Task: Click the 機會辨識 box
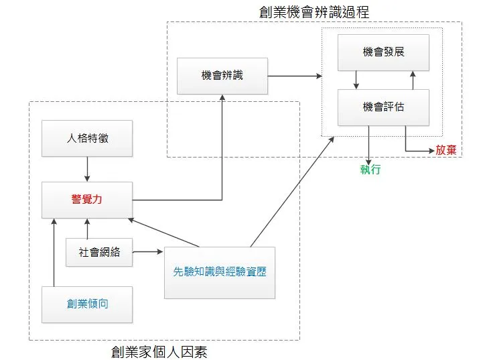pyautogui.click(x=222, y=76)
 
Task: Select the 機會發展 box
pyautogui.click(x=383, y=52)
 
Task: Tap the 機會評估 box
pyautogui.click(x=383, y=107)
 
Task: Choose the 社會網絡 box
pyautogui.click(x=100, y=253)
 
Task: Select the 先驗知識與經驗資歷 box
pyautogui.click(x=220, y=272)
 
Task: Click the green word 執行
pyautogui.click(x=370, y=170)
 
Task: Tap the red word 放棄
pyautogui.click(x=446, y=150)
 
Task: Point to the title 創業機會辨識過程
pyautogui.click(x=314, y=12)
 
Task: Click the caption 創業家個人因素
pyautogui.click(x=164, y=351)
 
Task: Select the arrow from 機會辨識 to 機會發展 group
pyautogui.click(x=295, y=76)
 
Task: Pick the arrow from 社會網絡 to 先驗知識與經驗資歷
pyautogui.click(x=148, y=252)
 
